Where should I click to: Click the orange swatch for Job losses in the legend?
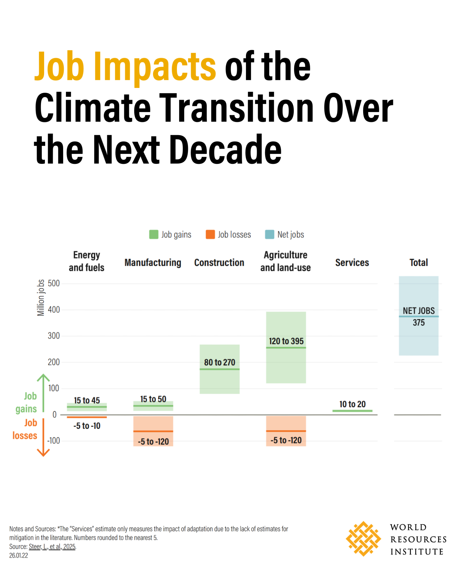pyautogui.click(x=210, y=234)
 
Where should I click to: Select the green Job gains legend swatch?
pyautogui.click(x=154, y=234)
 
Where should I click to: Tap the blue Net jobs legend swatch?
pyautogui.click(x=269, y=234)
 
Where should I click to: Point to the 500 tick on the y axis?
pyautogui.click(x=54, y=283)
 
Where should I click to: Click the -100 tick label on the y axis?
pyautogui.click(x=53, y=441)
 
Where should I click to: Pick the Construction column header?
pyautogui.click(x=219, y=262)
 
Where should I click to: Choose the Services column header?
pyautogui.click(x=352, y=262)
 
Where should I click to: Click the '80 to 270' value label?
pyautogui.click(x=220, y=362)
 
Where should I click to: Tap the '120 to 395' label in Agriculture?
pyautogui.click(x=286, y=341)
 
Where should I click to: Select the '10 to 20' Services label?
pyautogui.click(x=352, y=404)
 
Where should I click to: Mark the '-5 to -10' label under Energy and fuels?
pyautogui.click(x=87, y=426)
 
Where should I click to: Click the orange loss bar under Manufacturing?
pyautogui.click(x=153, y=431)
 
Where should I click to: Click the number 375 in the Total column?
pyautogui.click(x=419, y=323)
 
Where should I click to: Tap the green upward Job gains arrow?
pyautogui.click(x=43, y=393)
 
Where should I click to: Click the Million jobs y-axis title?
pyautogui.click(x=41, y=298)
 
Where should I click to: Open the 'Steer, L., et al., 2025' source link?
pyautogui.click(x=52, y=547)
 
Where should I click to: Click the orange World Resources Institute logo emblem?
pyautogui.click(x=363, y=539)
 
